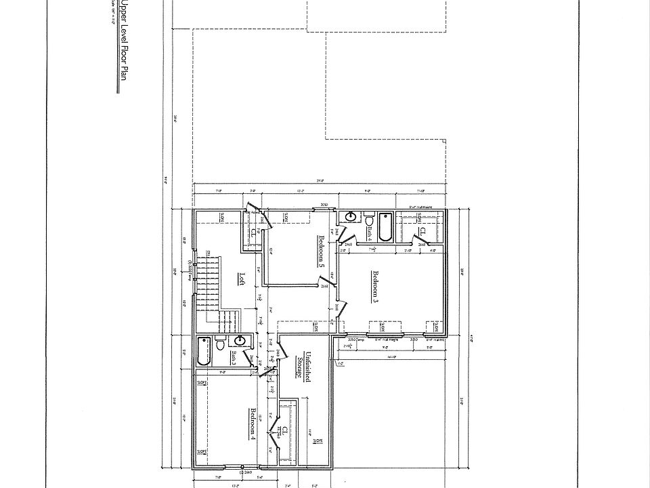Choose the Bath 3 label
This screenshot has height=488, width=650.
(232, 357)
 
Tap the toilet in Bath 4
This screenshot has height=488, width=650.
(370, 221)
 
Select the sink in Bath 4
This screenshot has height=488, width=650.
(351, 218)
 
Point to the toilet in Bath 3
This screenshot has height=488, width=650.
(220, 345)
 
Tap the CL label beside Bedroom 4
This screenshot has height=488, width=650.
(286, 431)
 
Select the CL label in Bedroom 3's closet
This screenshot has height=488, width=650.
(431, 231)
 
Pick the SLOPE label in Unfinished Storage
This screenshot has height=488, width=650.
(318, 440)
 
